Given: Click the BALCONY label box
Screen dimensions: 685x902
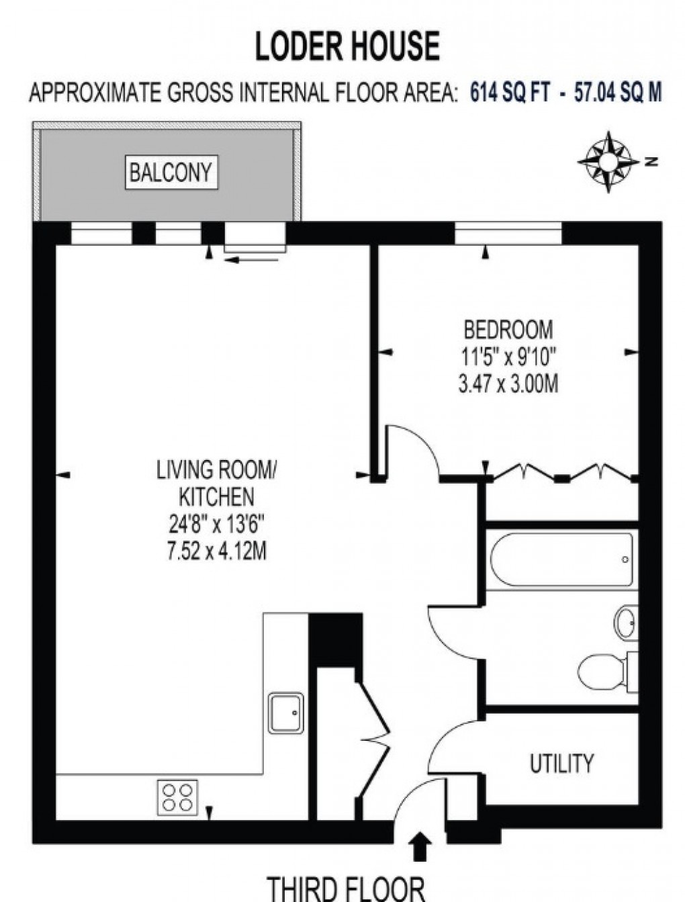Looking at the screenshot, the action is click(x=171, y=172).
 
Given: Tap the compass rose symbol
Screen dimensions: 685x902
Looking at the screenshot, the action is click(x=608, y=162).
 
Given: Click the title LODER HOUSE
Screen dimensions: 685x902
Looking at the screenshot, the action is click(x=347, y=47).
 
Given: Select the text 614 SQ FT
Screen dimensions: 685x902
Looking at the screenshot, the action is click(x=509, y=93).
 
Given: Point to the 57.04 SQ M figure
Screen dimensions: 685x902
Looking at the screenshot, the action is click(x=618, y=93).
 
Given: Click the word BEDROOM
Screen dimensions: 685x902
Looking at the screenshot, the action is click(x=508, y=329).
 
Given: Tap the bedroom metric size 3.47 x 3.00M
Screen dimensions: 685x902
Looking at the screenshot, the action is click(x=508, y=385).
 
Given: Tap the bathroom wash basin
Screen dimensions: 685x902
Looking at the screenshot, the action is click(x=626, y=623).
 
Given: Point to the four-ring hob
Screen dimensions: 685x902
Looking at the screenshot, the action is click(x=177, y=798).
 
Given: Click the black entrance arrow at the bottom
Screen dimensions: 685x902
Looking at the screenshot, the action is click(x=420, y=846).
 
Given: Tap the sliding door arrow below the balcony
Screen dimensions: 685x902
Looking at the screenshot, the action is click(x=252, y=260).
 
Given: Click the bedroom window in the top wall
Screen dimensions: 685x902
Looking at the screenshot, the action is click(x=508, y=233).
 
